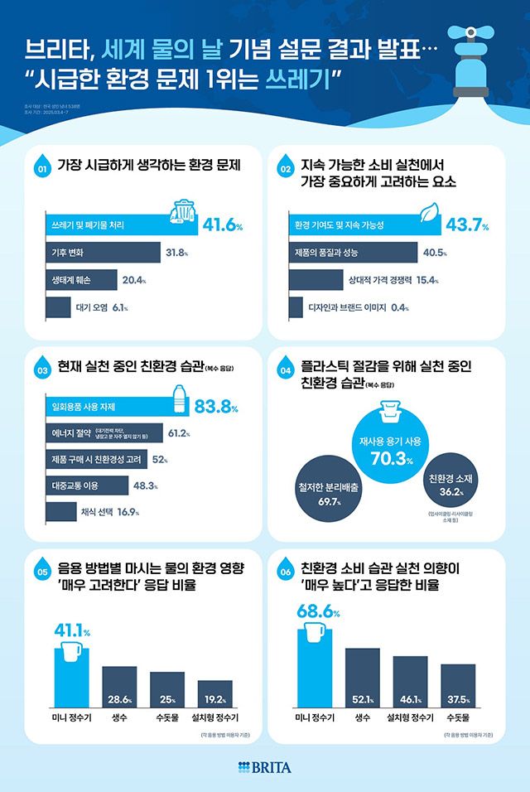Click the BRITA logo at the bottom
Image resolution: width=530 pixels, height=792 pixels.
(x=264, y=766)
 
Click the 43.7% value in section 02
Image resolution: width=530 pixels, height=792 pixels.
(x=466, y=225)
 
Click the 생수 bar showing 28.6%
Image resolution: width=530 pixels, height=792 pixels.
(x=119, y=684)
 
